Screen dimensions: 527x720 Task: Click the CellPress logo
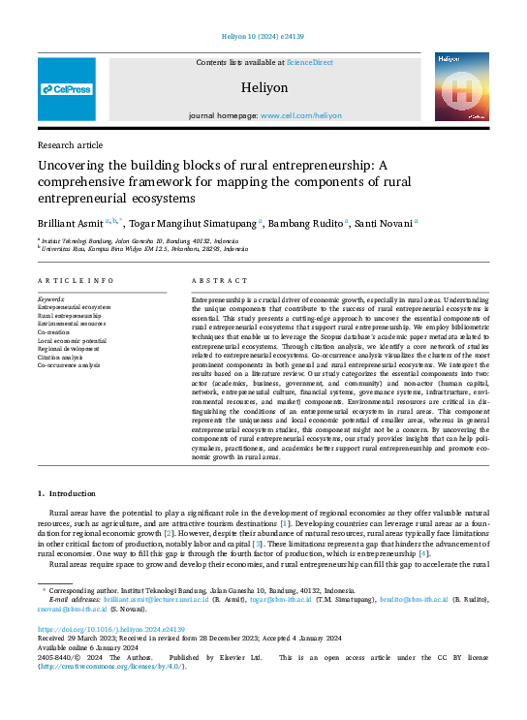67,89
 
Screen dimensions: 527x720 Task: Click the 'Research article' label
69,143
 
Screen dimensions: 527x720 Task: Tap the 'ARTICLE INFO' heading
76,280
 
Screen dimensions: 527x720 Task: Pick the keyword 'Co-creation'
56,332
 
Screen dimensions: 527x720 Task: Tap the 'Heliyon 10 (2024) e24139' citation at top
263,36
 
